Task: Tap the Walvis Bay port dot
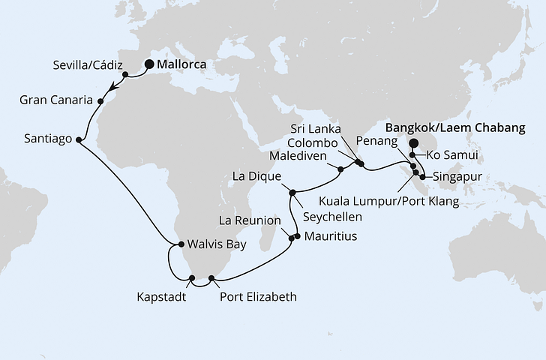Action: (181, 244)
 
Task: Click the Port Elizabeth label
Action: (258, 296)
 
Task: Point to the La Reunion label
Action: (250, 221)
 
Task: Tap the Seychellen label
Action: (332, 216)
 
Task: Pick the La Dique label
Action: (256, 177)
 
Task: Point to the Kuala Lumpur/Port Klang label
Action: (388, 200)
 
